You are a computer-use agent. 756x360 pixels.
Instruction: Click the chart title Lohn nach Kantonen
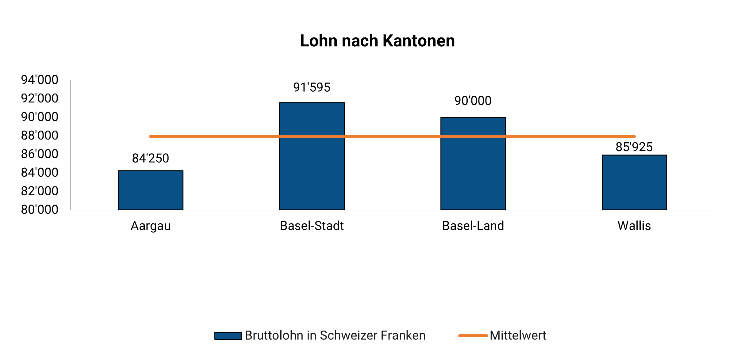tap(377, 41)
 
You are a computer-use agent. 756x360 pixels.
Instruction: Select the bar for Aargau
tap(151, 190)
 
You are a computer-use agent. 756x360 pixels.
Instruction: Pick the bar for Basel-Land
tap(473, 172)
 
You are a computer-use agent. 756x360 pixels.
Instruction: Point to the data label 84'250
tap(151, 158)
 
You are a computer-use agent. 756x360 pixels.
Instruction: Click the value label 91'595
tap(312, 87)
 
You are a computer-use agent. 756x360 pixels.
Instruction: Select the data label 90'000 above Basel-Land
tap(473, 101)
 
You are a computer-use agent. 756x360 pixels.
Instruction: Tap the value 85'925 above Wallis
tap(634, 147)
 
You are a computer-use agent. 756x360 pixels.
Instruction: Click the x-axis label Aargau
tap(151, 226)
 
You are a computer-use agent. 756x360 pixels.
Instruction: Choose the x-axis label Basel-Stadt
tap(312, 226)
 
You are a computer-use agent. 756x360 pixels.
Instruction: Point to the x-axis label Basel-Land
tap(473, 226)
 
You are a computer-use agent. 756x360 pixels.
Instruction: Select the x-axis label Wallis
tap(634, 226)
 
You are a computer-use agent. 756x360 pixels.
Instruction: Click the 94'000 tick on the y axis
tap(40, 80)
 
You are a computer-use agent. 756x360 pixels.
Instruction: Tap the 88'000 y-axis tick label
tap(40, 135)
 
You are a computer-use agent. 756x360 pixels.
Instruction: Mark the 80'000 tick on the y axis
tap(40, 210)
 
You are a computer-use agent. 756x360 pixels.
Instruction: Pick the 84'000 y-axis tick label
tap(40, 173)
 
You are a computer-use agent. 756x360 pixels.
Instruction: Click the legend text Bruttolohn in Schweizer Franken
tap(335, 335)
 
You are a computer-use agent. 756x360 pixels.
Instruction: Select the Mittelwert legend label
tap(518, 335)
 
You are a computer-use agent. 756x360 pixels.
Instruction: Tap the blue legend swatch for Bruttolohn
tap(228, 336)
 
